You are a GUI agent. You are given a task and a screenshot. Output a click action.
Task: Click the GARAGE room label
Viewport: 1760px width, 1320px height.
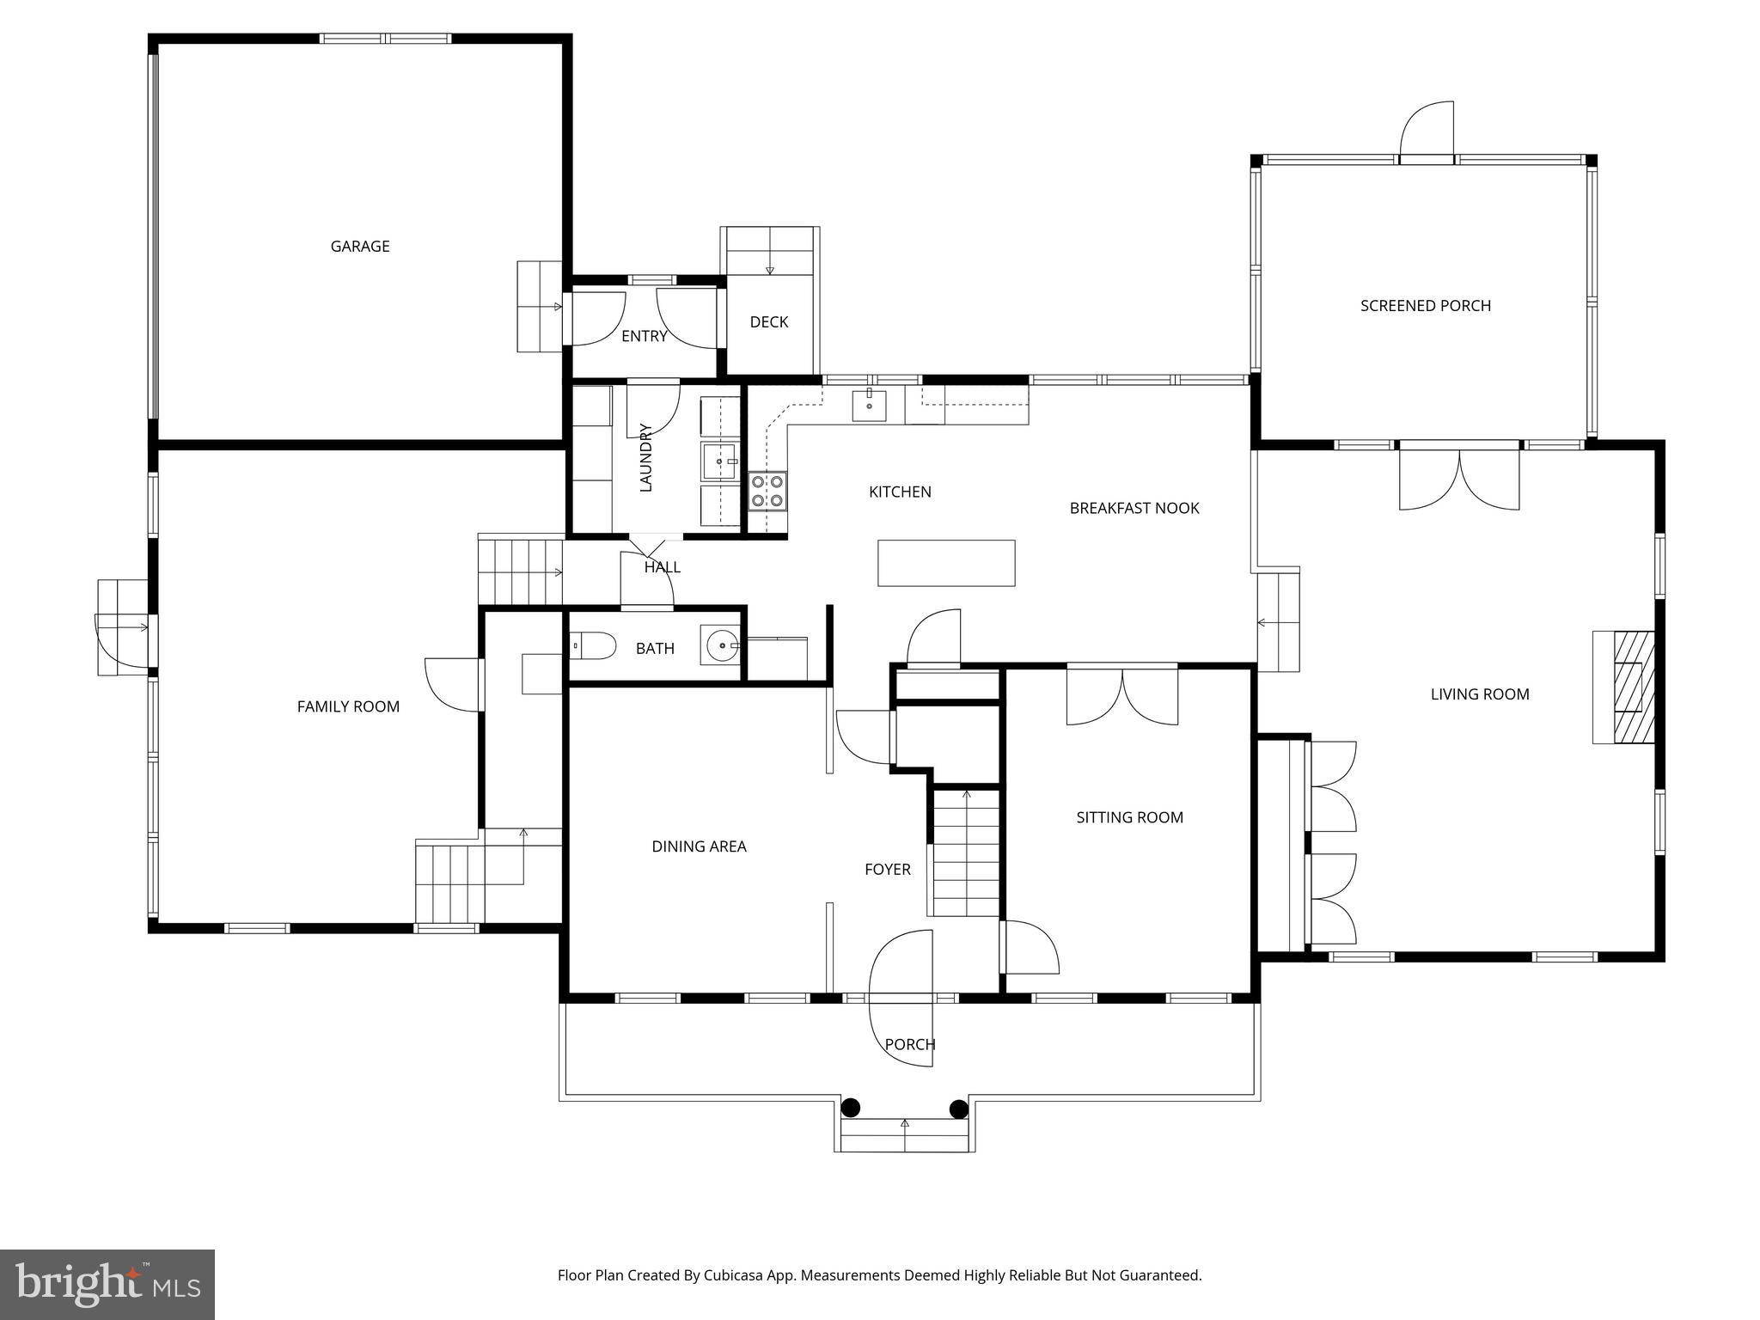point(360,247)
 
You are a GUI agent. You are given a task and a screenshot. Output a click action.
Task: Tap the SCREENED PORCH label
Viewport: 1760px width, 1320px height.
point(1425,306)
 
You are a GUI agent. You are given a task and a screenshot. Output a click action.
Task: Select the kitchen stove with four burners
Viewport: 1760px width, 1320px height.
point(767,491)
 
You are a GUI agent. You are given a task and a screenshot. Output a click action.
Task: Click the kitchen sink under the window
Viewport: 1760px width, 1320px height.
point(870,405)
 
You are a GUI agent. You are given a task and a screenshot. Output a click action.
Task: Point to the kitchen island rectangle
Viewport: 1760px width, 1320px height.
point(946,563)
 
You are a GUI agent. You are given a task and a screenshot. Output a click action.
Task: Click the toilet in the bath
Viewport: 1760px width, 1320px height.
point(594,645)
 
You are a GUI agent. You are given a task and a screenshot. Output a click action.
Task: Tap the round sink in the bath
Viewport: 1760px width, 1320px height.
point(720,645)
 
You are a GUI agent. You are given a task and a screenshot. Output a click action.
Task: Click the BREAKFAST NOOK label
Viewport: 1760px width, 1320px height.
point(1134,509)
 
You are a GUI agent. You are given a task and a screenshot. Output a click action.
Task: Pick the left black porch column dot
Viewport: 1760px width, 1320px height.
point(850,1108)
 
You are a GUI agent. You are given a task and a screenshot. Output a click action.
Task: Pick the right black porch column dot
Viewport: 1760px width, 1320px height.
point(959,1109)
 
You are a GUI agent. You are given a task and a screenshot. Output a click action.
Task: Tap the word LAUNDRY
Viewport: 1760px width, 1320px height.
point(646,457)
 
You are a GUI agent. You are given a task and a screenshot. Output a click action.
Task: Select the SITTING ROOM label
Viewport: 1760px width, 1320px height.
point(1129,818)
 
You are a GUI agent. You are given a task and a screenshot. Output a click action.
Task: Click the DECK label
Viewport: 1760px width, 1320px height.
point(768,322)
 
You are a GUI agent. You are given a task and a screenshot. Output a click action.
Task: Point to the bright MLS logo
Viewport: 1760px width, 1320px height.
point(107,1285)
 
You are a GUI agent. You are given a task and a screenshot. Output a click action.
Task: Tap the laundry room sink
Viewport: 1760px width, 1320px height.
point(719,461)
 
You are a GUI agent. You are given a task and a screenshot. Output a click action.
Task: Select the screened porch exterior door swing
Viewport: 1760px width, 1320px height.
point(1427,131)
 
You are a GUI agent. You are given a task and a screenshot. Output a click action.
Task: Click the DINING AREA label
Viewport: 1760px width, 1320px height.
point(699,847)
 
